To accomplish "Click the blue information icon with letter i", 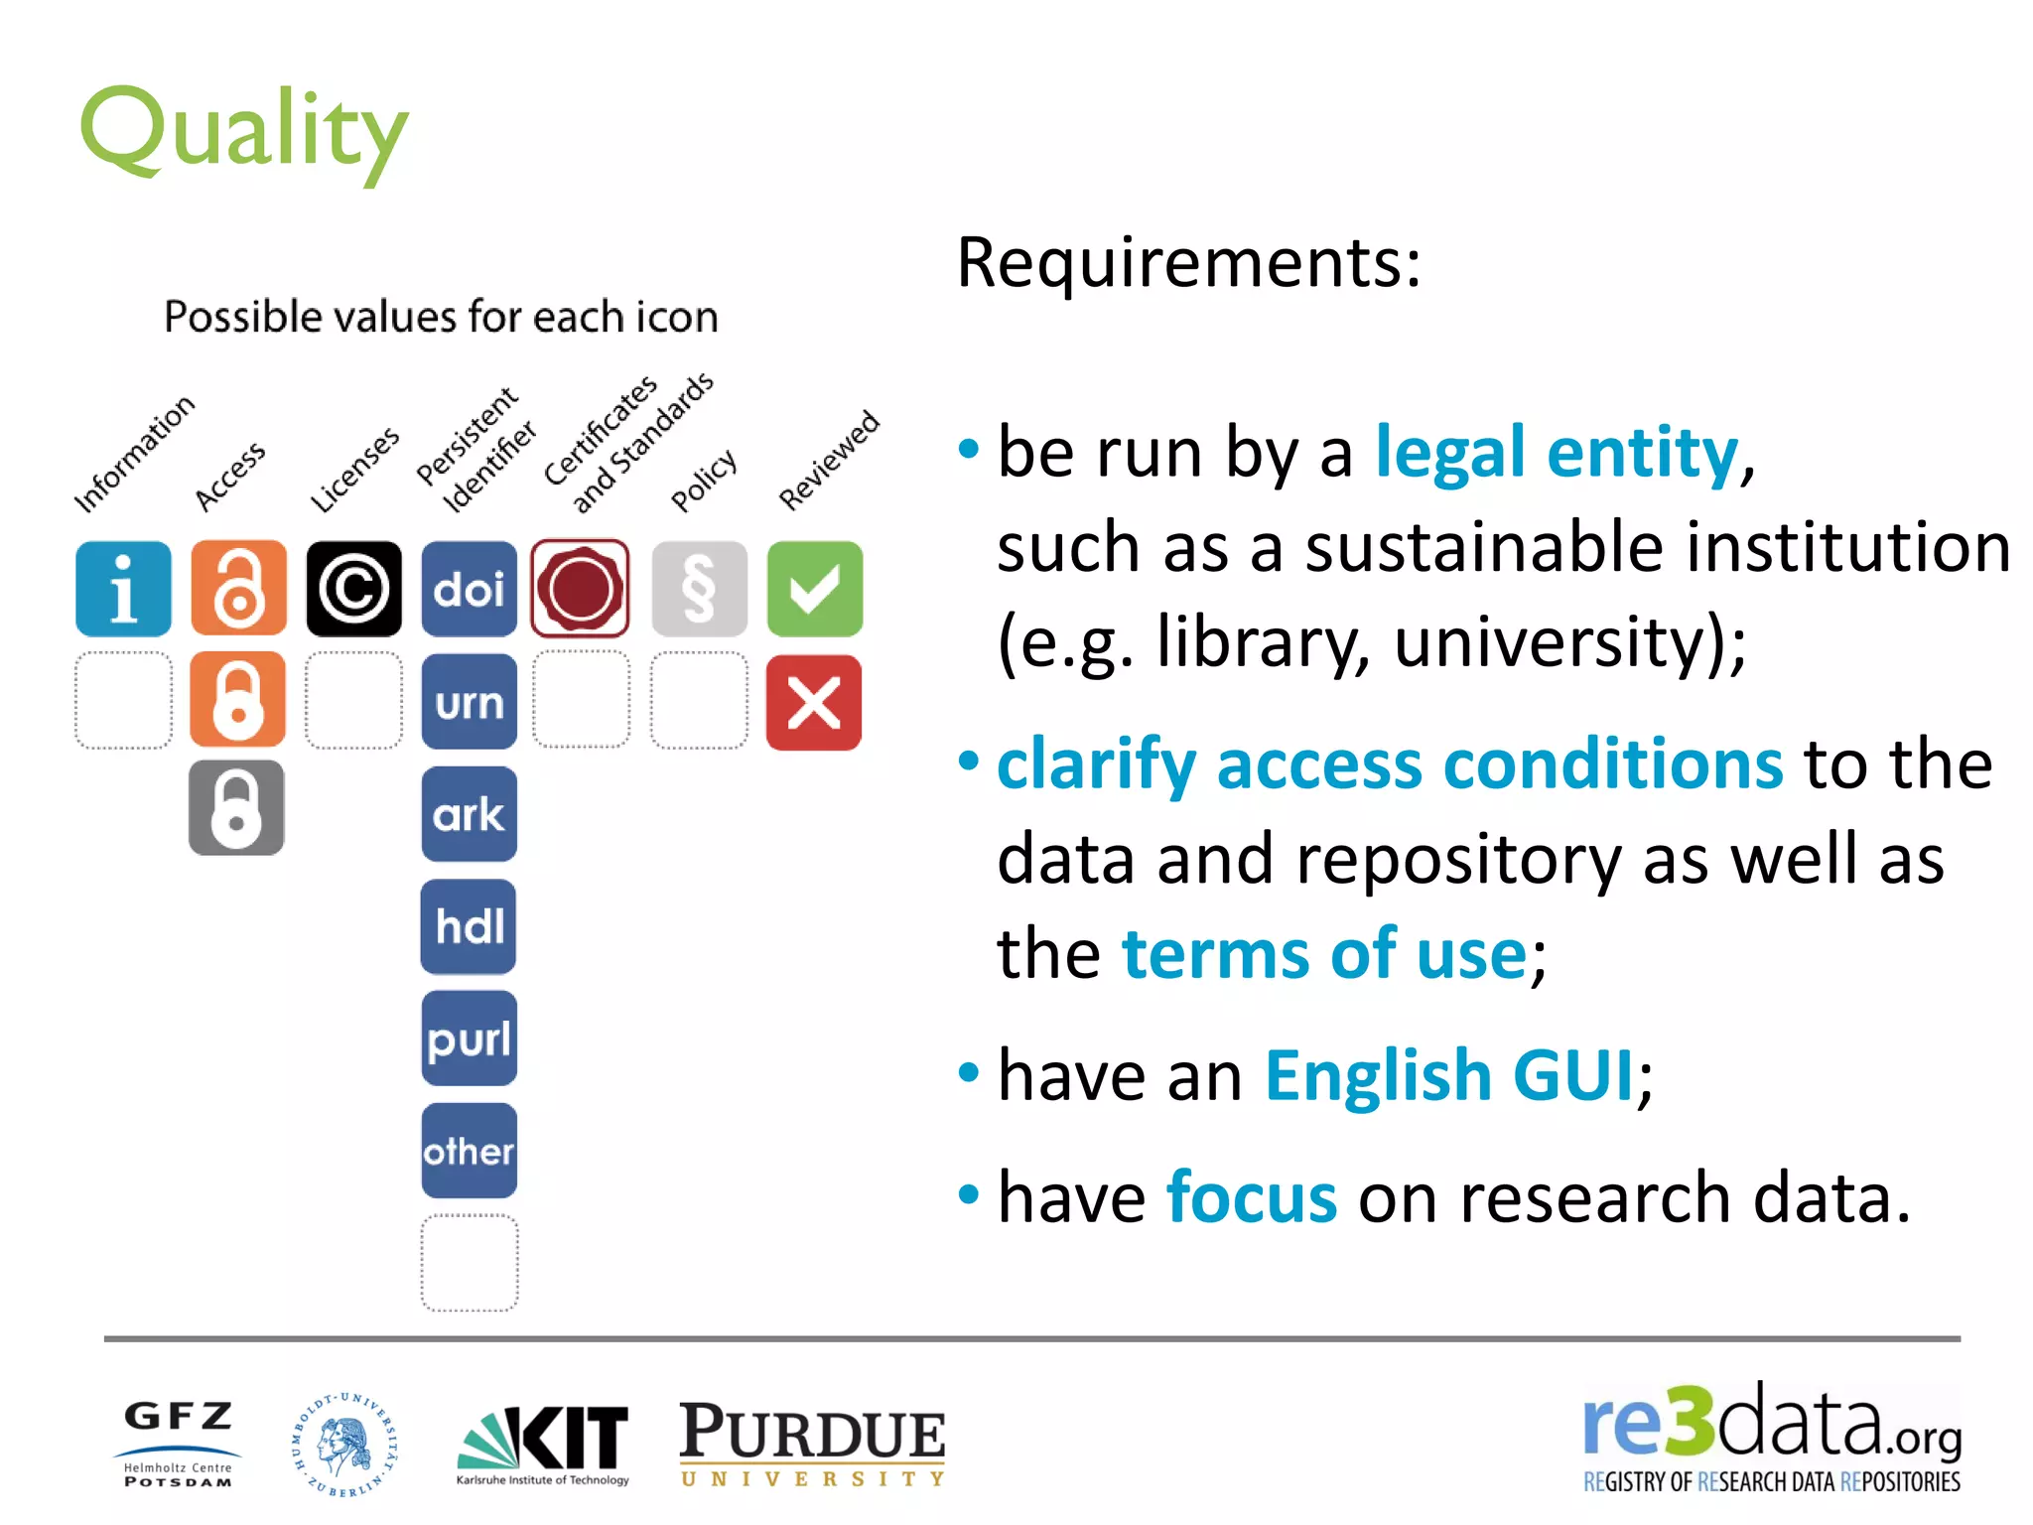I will pos(123,589).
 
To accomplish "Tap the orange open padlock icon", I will pos(238,589).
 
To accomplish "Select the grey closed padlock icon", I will pos(236,807).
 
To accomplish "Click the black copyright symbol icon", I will pos(353,589).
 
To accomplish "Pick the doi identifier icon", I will pos(469,589).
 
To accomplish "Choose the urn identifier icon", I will pos(469,702).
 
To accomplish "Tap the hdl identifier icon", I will pos(469,926).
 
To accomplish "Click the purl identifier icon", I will pos(469,1039).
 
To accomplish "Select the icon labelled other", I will pos(469,1151).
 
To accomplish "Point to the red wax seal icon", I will pos(581,588).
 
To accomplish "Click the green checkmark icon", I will pos(814,589).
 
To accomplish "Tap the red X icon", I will pos(814,702).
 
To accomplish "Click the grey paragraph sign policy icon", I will pos(699,589).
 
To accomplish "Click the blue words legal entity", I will pos(1557,453).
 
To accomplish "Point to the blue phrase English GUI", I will pos(1449,1075).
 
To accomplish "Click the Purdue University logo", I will pos(812,1443).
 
